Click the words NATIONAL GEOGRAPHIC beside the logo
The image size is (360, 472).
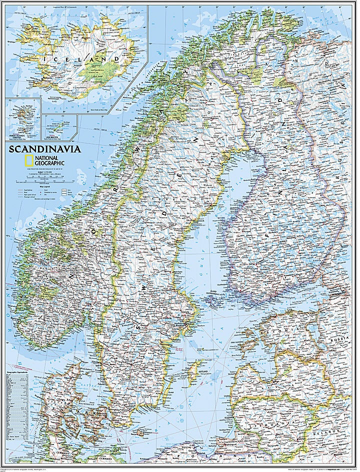(50, 161)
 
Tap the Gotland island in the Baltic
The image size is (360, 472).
(192, 371)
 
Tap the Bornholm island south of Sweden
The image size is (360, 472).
(141, 433)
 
